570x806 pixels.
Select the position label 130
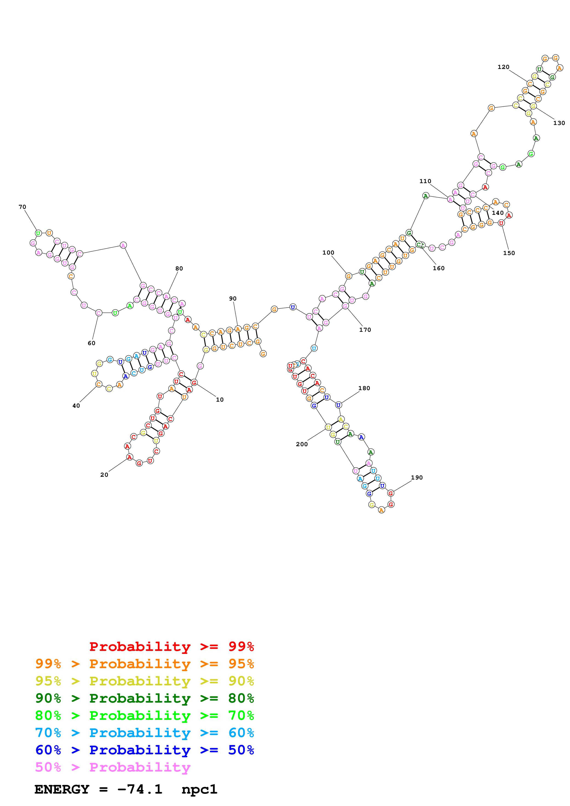[559, 123]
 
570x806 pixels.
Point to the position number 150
[509, 253]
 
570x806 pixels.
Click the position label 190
[417, 477]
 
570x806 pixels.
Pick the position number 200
[302, 444]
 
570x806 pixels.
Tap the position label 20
[104, 475]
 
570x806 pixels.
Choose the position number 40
[76, 406]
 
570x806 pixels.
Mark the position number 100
[328, 253]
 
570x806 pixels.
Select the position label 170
[365, 330]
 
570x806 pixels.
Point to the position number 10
[220, 400]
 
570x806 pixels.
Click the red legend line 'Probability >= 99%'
[171, 646]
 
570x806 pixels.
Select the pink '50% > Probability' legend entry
[113, 767]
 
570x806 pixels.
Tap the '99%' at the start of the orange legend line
[48, 664]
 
